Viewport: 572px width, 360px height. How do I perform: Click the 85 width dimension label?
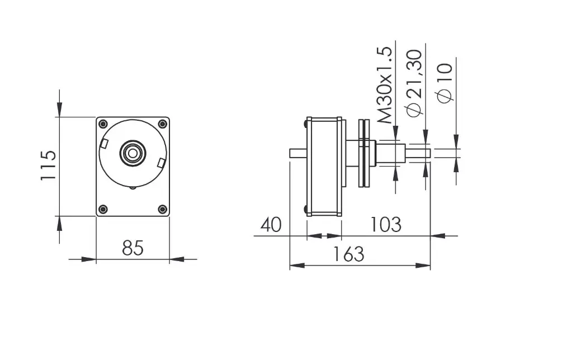tap(133, 248)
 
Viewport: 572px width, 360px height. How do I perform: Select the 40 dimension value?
tap(271, 225)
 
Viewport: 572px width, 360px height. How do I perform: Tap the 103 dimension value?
tap(385, 225)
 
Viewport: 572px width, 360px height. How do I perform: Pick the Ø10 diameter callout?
tap(445, 83)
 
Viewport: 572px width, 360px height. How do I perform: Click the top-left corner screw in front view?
tap(103, 124)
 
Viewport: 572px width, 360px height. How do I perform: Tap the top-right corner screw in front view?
tap(162, 124)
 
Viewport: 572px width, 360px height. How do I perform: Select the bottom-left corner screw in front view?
tap(103, 209)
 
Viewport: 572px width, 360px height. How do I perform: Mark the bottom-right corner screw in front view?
tap(162, 209)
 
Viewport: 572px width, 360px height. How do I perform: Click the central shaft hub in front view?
tap(133, 153)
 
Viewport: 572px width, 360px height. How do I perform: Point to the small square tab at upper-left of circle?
tap(104, 144)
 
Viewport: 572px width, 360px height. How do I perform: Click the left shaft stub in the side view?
tap(297, 153)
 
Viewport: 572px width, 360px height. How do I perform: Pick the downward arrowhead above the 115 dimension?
tap(60, 109)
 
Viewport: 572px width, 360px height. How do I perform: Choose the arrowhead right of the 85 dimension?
tap(177, 259)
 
